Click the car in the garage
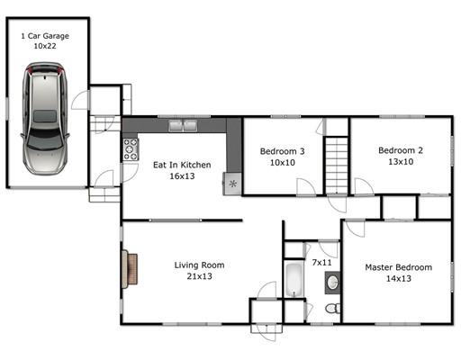point(45,119)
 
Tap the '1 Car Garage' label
point(45,36)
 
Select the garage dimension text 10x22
point(45,46)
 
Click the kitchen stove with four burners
point(131,149)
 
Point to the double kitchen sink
point(183,126)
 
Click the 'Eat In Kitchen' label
point(182,165)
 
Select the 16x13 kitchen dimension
point(182,176)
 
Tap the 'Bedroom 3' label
point(283,151)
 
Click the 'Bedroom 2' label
point(401,150)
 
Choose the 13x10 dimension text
point(401,162)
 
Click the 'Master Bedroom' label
point(399,267)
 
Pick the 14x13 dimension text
point(399,278)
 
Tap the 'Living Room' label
point(199,265)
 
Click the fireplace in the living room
point(130,269)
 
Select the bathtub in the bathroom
point(294,280)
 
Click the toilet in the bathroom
point(333,308)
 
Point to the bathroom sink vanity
point(332,283)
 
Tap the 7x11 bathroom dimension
point(322,263)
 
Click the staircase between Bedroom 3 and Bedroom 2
point(337,166)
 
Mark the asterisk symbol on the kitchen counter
point(233,184)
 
